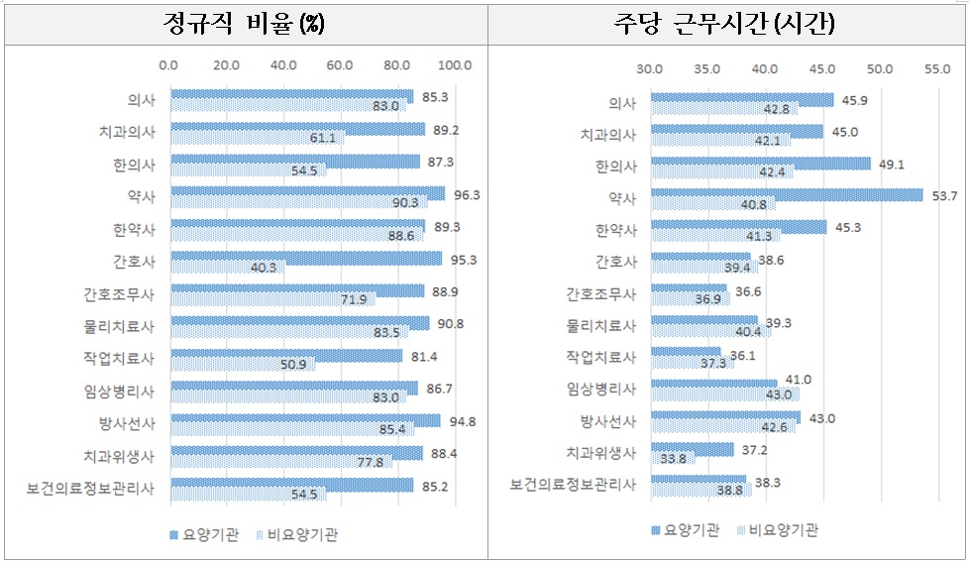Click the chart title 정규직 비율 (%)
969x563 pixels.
click(x=246, y=24)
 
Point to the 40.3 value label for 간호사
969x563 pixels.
click(x=264, y=268)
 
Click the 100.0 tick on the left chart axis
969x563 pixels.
click(x=455, y=66)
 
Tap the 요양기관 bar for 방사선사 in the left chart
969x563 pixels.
click(x=305, y=420)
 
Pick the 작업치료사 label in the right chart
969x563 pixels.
click(x=604, y=356)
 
